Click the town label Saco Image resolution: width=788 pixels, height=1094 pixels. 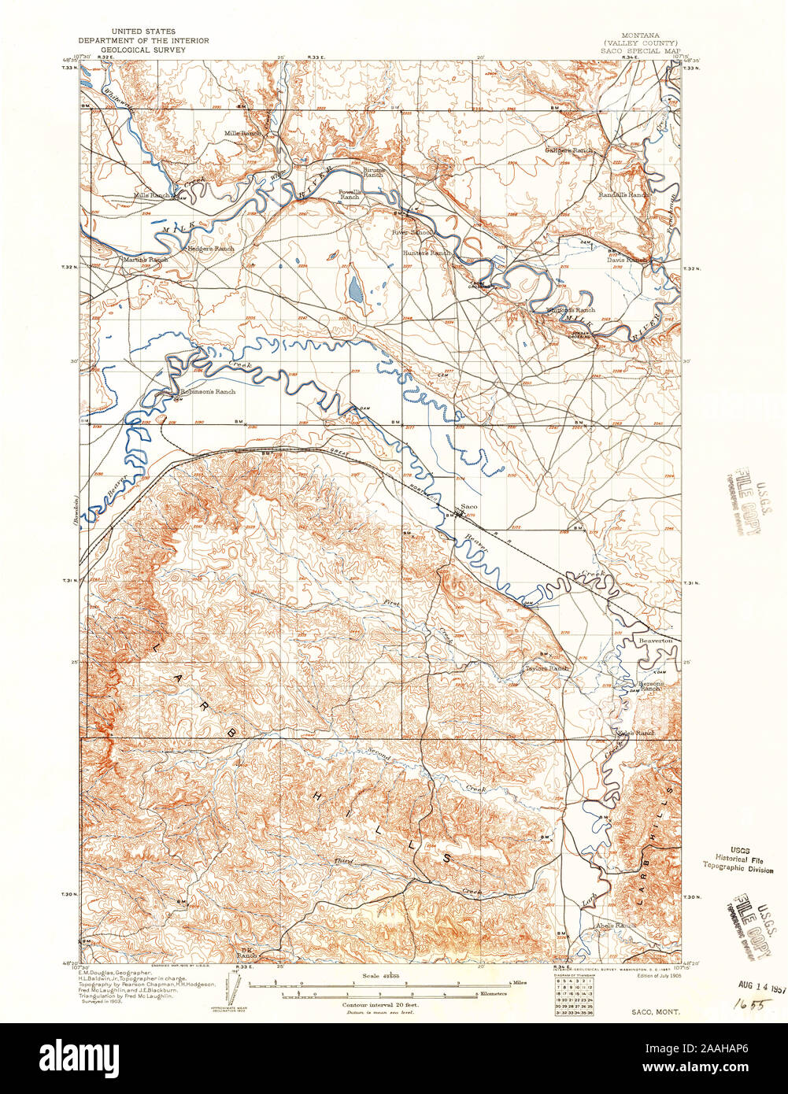(x=469, y=506)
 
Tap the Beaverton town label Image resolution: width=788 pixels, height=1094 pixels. (x=655, y=641)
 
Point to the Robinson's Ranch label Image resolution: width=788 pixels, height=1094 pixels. (x=208, y=391)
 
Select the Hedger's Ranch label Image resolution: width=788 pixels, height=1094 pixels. (x=210, y=249)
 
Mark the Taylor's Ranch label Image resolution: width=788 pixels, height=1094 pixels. (x=546, y=668)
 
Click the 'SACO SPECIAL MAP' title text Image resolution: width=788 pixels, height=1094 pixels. (x=639, y=50)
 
